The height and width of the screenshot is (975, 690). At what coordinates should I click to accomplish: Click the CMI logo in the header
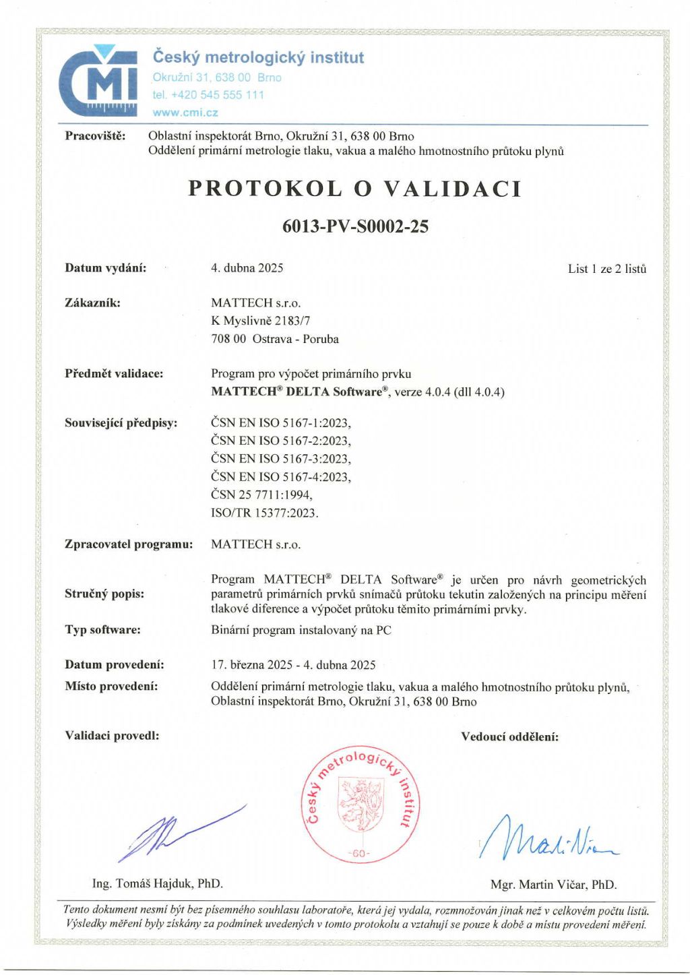point(98,81)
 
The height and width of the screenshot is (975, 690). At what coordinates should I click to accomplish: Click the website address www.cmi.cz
point(185,113)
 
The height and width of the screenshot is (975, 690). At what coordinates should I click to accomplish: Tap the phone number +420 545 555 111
point(208,95)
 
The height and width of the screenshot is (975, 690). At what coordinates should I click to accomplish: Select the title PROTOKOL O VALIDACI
point(355,189)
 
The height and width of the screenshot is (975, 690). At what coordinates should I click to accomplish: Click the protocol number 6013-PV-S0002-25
point(355,226)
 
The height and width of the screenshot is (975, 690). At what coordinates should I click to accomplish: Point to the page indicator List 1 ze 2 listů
point(606,269)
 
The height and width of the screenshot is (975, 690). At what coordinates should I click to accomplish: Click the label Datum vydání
point(105,268)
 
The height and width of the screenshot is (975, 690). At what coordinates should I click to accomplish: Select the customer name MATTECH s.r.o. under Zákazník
point(255,303)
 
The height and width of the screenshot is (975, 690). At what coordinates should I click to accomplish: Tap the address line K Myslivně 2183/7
point(260,321)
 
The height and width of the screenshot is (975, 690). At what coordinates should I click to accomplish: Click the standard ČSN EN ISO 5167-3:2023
point(280,459)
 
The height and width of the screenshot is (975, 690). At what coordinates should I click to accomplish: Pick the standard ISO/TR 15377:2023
point(264,513)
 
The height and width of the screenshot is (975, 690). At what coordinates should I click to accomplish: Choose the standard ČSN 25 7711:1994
point(261,495)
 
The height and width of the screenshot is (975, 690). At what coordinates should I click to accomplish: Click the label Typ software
point(102,630)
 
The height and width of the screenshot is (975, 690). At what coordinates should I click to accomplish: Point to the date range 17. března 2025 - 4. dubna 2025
point(293,665)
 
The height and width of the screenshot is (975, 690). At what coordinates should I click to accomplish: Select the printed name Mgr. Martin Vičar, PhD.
point(553,885)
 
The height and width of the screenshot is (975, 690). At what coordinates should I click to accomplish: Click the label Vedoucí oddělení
point(509,737)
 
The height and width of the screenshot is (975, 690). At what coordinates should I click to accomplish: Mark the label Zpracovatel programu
point(129,544)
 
